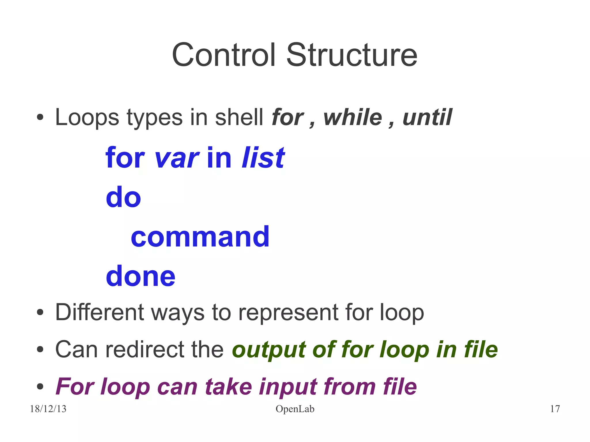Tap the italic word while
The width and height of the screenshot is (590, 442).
pyautogui.click(x=353, y=117)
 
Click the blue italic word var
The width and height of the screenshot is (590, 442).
pyautogui.click(x=176, y=158)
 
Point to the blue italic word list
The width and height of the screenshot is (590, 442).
pyautogui.click(x=263, y=158)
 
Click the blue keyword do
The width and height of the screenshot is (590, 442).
pyautogui.click(x=123, y=197)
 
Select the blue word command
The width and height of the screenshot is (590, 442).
pyautogui.click(x=200, y=237)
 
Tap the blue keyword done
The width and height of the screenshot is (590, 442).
pyautogui.click(x=140, y=276)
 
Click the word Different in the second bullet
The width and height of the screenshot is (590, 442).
pyautogui.click(x=99, y=312)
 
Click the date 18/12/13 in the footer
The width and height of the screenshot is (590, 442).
pyautogui.click(x=48, y=409)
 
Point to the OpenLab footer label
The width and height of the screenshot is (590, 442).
pyautogui.click(x=295, y=409)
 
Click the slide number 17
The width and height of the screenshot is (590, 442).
pyautogui.click(x=555, y=409)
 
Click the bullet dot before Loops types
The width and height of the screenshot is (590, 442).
pyautogui.click(x=40, y=118)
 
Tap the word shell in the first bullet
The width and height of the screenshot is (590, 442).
pyautogui.click(x=239, y=117)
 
